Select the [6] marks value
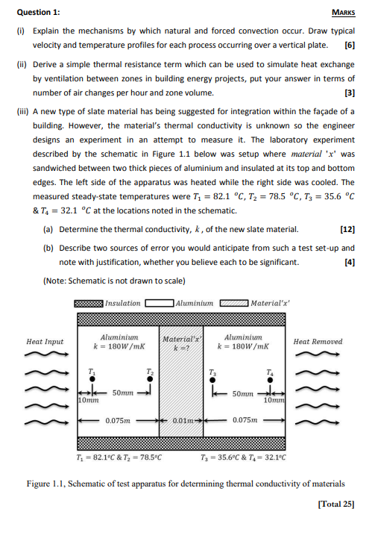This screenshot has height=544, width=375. click(x=349, y=46)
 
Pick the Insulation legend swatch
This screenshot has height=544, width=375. click(x=89, y=304)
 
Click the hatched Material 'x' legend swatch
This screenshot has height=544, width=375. click(x=235, y=304)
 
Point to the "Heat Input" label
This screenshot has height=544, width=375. click(x=45, y=342)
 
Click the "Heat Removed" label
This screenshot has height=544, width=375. click(x=318, y=342)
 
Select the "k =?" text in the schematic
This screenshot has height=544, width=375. click(x=183, y=348)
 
